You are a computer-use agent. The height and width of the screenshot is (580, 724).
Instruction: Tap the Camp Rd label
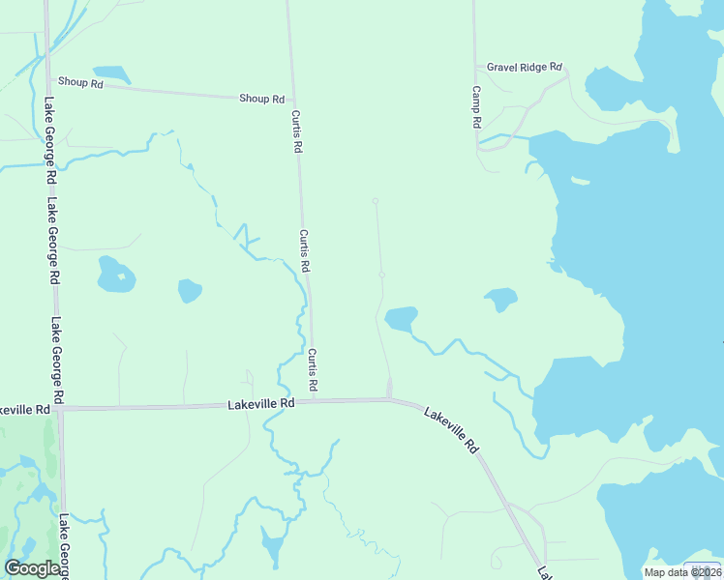click(476, 106)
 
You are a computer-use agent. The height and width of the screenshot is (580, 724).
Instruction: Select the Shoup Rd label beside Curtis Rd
click(262, 99)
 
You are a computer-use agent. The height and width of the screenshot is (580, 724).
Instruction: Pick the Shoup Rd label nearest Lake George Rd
click(80, 83)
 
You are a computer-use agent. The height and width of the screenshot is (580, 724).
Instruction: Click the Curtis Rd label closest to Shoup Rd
click(297, 133)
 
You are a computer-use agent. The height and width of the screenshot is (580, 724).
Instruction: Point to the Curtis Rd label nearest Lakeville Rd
click(313, 370)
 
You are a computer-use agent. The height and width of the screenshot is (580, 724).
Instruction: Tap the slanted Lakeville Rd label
click(451, 429)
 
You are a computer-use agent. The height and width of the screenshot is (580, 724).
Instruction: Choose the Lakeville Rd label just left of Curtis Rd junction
click(260, 403)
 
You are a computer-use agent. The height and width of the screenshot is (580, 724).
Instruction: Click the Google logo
click(32, 568)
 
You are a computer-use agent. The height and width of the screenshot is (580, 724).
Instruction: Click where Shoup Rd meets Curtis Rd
click(294, 101)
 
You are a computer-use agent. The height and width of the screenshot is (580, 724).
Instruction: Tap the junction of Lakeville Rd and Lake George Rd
click(60, 409)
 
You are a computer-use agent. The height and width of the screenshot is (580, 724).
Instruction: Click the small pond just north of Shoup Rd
click(111, 73)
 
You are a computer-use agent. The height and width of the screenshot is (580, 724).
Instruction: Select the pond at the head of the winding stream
click(401, 318)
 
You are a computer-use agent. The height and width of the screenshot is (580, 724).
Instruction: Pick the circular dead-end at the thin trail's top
click(376, 201)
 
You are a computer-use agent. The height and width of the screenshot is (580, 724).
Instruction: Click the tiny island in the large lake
click(580, 180)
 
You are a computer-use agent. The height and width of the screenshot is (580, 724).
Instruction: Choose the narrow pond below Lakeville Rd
click(272, 546)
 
